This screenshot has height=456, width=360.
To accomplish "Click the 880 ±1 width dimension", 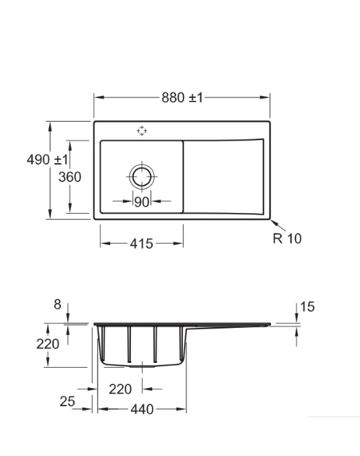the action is click(x=182, y=97).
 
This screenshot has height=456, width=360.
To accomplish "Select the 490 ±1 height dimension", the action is click(x=47, y=160).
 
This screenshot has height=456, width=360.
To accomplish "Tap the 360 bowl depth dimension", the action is click(x=70, y=177).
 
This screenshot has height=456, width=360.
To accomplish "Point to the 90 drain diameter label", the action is click(x=141, y=202).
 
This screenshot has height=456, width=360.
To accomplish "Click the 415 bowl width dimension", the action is click(x=141, y=244).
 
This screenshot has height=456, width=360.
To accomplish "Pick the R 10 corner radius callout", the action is click(x=287, y=238).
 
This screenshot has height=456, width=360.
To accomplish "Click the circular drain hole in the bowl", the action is click(x=142, y=177).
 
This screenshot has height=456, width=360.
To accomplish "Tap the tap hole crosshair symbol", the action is click(x=141, y=131).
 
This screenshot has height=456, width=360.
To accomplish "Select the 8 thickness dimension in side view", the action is click(x=57, y=305).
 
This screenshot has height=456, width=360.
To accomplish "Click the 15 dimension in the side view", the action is click(x=307, y=307).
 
